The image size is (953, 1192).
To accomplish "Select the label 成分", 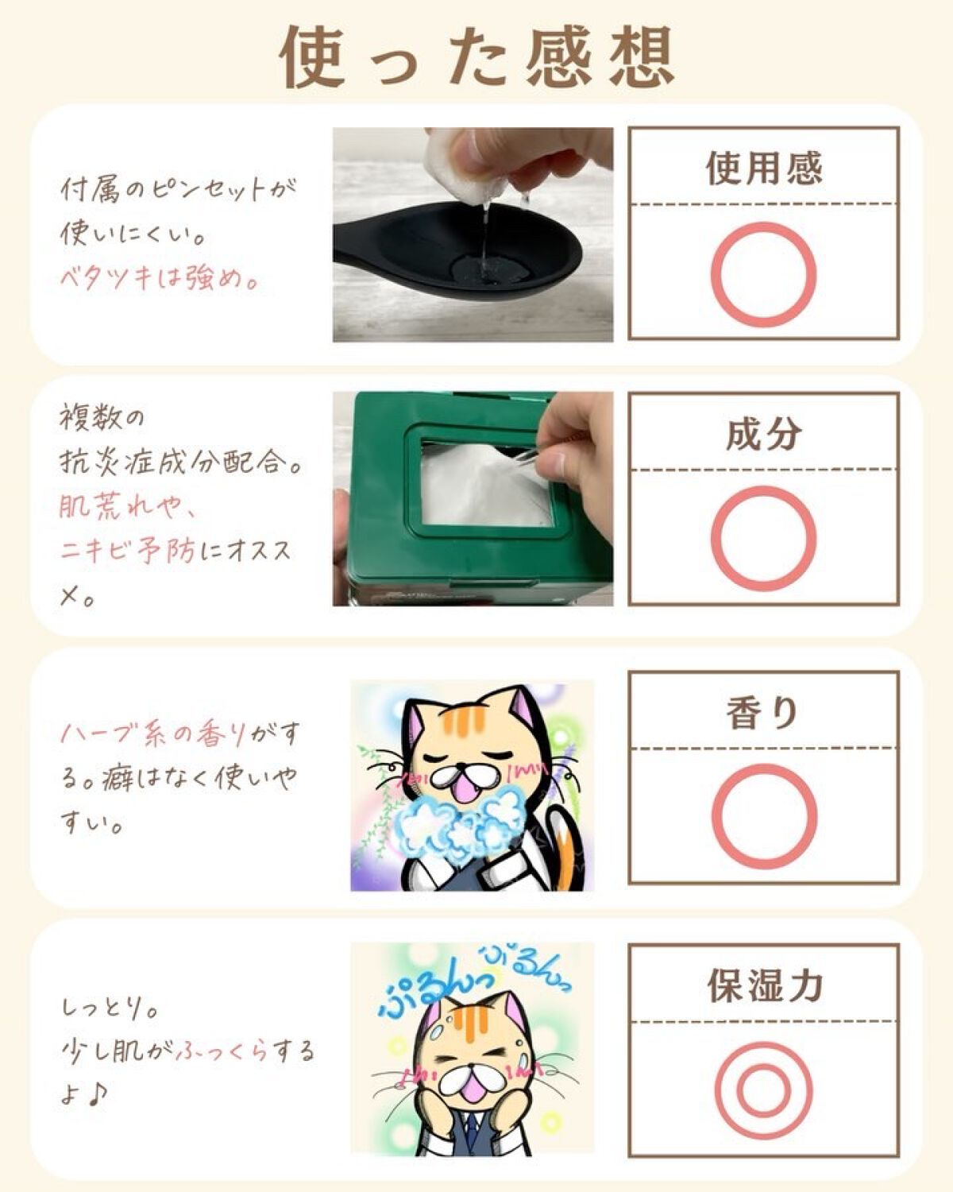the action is point(764,435).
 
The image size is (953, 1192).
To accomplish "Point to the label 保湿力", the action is point(764,985).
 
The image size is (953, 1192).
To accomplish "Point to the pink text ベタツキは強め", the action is point(158,278).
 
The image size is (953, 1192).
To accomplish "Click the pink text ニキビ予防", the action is point(128,551).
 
